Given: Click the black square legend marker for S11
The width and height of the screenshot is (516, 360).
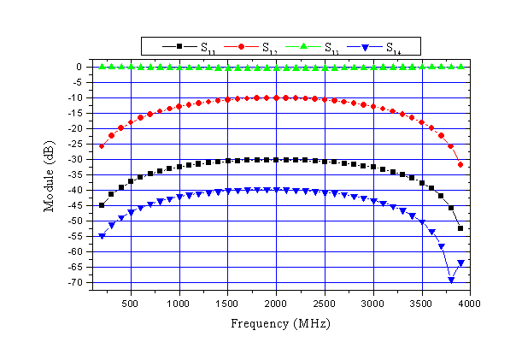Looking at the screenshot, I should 179,45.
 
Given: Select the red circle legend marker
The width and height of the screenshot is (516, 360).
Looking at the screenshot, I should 240,45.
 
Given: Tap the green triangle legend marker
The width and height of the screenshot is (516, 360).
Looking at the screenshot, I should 302,45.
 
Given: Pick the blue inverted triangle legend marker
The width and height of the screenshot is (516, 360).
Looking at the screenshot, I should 364,45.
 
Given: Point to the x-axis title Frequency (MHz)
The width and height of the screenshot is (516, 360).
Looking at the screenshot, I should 279,325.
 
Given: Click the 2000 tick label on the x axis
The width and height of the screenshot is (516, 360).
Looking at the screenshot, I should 276,304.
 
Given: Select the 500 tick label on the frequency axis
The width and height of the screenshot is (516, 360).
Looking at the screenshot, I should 131,304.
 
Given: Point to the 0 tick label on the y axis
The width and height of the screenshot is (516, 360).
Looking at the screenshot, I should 79,67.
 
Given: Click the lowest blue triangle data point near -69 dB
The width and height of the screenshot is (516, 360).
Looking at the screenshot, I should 451,280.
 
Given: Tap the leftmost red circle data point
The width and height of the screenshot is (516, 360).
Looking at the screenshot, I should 102,146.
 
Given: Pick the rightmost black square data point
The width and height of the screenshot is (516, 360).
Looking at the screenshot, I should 460,228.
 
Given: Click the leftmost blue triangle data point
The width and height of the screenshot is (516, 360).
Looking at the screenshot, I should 102,236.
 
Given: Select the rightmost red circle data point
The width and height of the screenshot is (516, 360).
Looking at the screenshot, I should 460,164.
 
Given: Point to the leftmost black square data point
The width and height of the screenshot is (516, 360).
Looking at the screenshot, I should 102,205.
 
